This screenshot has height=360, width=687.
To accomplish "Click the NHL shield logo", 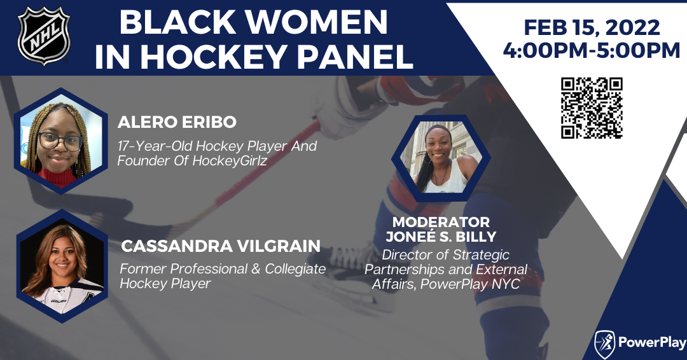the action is click(44, 36).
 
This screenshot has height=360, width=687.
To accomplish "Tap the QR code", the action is click(592, 108).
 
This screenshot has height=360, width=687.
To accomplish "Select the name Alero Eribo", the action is click(177, 121).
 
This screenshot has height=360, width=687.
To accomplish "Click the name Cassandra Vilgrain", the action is click(221, 246).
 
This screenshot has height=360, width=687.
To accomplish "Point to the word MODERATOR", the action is click(441, 221).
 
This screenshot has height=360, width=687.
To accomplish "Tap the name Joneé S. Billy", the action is click(441, 237).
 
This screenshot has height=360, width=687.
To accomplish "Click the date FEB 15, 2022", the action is click(592, 27).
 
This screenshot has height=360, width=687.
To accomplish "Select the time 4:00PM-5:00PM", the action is click(592, 50).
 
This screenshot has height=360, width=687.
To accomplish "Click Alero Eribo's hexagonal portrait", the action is click(61, 141).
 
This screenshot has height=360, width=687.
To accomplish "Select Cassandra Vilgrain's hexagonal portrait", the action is click(62, 267).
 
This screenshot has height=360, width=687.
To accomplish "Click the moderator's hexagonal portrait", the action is click(441, 158).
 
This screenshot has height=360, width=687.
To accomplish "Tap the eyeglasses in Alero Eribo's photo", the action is click(60, 141).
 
